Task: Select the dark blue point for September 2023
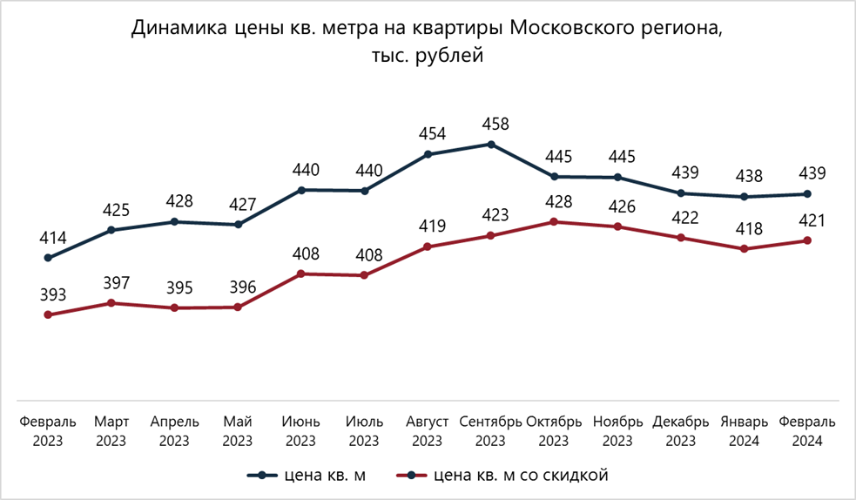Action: tap(490, 145)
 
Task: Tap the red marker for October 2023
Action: tap(554, 222)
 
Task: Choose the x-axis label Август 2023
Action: tap(428, 430)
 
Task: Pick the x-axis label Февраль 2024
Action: tap(807, 430)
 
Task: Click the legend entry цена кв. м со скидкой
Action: tap(520, 475)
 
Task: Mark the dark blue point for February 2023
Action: tap(48, 258)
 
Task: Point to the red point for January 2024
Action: tap(744, 249)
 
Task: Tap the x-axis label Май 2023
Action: tap(238, 430)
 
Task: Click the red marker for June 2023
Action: tap(301, 274)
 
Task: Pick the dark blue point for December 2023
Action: tap(681, 193)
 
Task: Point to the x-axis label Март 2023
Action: tap(111, 430)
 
